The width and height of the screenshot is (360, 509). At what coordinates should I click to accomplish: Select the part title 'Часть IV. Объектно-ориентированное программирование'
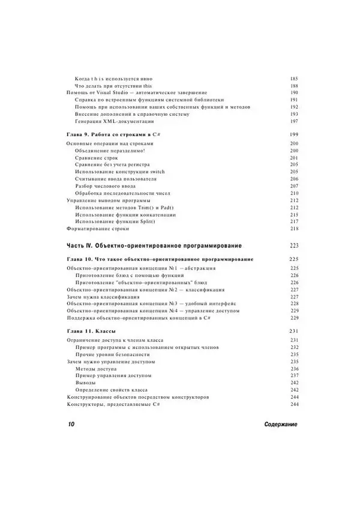coord(153,245)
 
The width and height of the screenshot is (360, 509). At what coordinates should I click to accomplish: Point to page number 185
coord(293,79)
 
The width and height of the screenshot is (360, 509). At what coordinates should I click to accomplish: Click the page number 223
coord(293,245)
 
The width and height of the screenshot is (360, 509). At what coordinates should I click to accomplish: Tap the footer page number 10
coord(70,424)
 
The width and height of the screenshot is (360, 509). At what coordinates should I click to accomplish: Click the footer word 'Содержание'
coord(280,424)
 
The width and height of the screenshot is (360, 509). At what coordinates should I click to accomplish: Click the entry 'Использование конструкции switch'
coord(120,172)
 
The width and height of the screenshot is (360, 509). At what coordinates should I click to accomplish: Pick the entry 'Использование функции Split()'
coord(117,221)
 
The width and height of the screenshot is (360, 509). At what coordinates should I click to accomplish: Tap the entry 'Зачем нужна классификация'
coord(103,297)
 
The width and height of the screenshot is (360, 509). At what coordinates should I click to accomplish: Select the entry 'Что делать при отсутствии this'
coord(113,86)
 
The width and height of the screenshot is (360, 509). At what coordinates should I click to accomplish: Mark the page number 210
coord(293,194)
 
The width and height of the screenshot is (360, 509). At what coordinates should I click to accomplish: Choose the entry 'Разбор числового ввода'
coord(106,187)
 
